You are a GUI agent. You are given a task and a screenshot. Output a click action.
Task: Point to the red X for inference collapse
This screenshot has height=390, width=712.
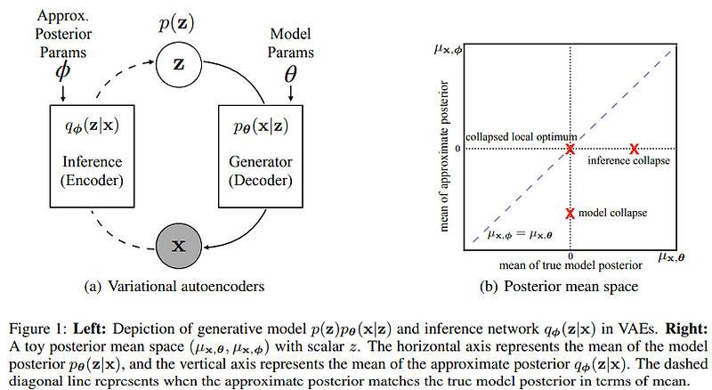[635, 149]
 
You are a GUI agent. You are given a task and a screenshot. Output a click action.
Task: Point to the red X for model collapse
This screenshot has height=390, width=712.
[570, 214]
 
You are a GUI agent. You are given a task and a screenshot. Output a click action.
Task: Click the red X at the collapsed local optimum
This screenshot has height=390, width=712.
[570, 149]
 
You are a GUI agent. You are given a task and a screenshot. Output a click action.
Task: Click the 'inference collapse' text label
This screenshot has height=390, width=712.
[629, 161]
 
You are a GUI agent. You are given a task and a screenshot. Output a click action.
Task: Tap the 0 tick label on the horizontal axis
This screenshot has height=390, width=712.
[570, 256]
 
